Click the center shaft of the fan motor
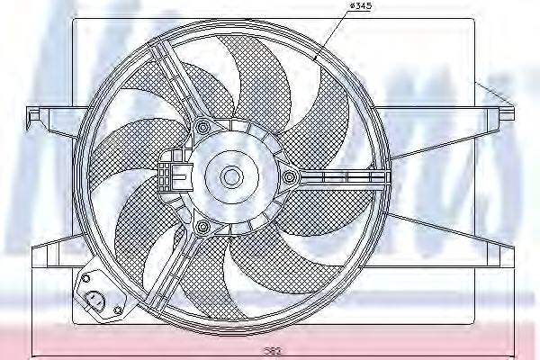[x=232, y=175]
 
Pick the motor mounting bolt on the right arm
[x=290, y=177]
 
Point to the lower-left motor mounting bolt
[x=202, y=225]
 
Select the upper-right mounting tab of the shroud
[x=506, y=112]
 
